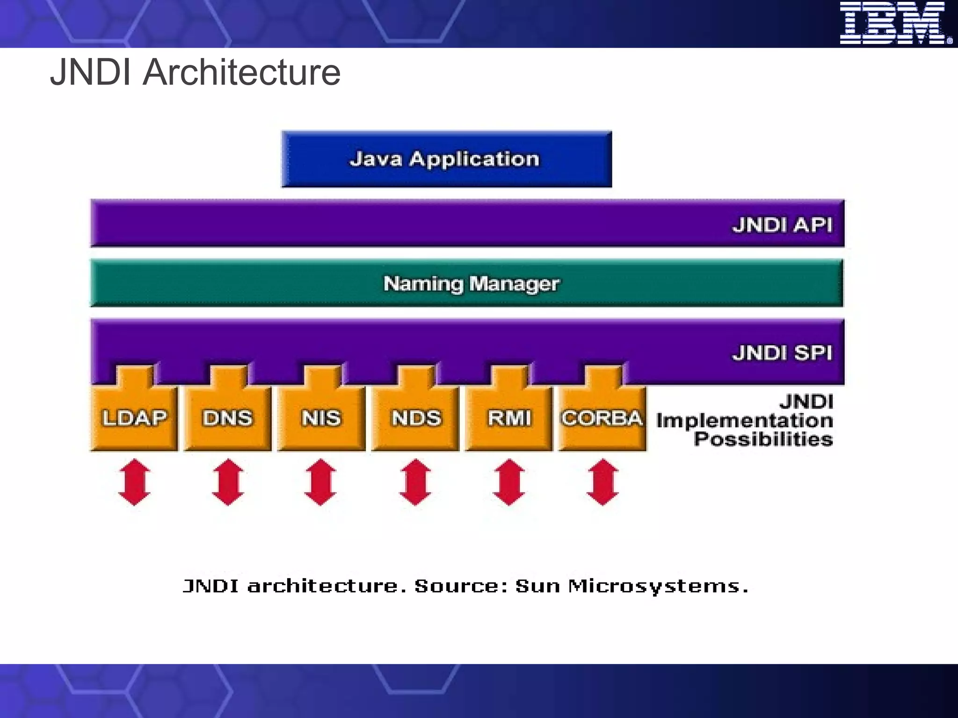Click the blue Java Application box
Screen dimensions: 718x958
[x=446, y=159]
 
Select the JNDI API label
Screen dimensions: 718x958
[x=782, y=225]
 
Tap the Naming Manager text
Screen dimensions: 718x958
[x=471, y=284]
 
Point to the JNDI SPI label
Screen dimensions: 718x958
[x=782, y=352]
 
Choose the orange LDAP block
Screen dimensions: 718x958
[x=134, y=417]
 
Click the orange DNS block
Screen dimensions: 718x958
[x=228, y=417]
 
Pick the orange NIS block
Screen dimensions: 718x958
[x=321, y=417]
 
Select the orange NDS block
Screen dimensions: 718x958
[x=416, y=417]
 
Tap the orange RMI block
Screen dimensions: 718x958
[x=509, y=417]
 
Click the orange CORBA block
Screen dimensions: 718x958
[x=602, y=417]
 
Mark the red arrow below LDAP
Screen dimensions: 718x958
[x=134, y=482]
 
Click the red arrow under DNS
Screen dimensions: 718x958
[x=228, y=482]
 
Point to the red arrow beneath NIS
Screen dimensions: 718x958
[x=320, y=482]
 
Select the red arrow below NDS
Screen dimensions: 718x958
[x=415, y=482]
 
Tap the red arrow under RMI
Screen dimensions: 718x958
[x=509, y=482]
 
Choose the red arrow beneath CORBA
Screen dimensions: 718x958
[x=602, y=482]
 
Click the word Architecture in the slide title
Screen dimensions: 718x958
[x=242, y=72]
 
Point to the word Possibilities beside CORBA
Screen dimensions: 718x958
[x=763, y=439]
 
